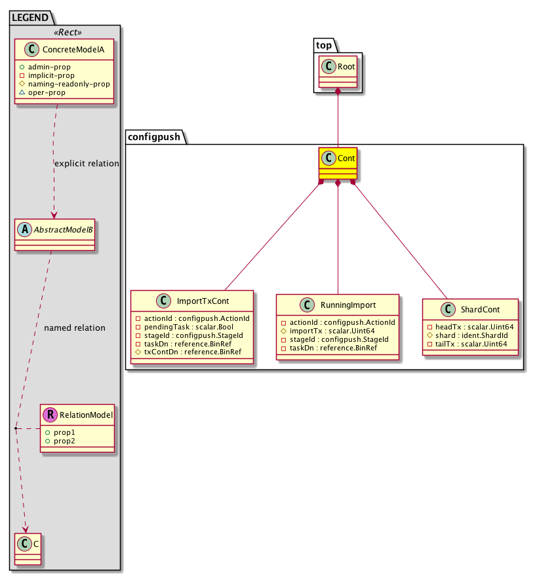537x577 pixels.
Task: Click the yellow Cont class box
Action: click(x=338, y=164)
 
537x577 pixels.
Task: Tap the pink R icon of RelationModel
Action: click(x=50, y=415)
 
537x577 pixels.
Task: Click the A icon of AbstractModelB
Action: click(x=24, y=229)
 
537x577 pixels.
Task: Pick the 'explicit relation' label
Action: click(x=86, y=164)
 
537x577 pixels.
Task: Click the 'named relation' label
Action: click(x=74, y=327)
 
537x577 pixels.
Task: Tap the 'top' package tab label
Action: click(x=322, y=46)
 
